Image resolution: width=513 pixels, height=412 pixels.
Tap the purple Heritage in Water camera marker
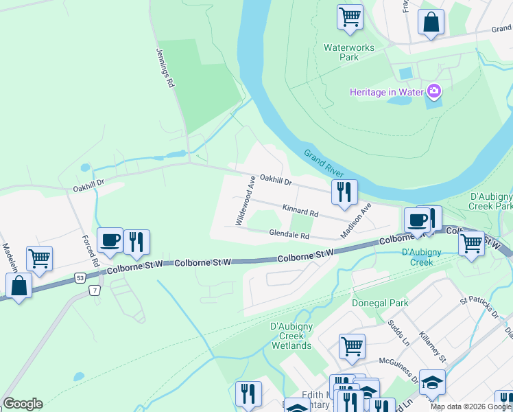[433, 91]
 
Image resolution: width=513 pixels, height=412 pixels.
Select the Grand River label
[324, 162]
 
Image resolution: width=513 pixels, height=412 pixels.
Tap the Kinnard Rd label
[300, 210]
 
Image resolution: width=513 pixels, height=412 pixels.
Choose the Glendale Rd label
[289, 235]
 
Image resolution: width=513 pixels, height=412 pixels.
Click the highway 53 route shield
[81, 276]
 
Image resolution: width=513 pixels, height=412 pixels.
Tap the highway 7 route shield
[93, 291]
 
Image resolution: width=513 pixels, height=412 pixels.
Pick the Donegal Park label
[380, 303]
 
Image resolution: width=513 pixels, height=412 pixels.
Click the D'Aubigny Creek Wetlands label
[291, 336]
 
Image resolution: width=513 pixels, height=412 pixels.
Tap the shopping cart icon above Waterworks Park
[350, 16]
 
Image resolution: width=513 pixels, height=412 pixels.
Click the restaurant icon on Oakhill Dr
[344, 192]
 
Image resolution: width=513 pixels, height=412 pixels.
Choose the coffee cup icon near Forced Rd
[110, 240]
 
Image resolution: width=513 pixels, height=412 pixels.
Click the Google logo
[23, 404]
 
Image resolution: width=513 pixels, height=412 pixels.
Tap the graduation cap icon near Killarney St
[432, 382]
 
